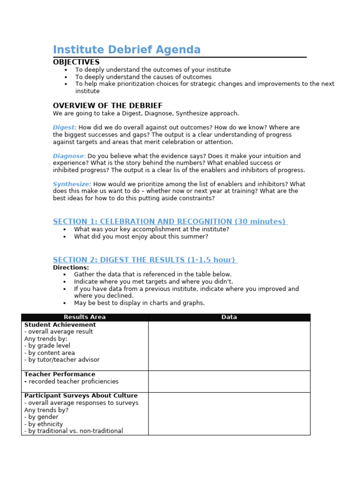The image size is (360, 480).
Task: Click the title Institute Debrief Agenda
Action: [x=127, y=50]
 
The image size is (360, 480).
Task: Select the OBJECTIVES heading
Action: [x=76, y=62]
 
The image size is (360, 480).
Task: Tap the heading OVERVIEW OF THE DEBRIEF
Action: [x=107, y=105]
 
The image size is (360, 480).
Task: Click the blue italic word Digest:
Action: [x=65, y=127]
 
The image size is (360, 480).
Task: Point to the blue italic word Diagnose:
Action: [x=69, y=156]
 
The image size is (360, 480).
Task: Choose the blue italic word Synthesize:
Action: [x=72, y=184]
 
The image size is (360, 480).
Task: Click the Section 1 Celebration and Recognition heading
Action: [x=170, y=221]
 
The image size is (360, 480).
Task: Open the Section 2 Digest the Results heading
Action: [x=145, y=260]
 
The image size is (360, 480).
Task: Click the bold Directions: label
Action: [x=71, y=267]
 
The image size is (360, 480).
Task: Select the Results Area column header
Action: [x=85, y=317]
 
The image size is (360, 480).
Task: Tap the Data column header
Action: [x=229, y=317]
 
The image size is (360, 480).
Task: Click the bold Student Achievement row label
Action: [x=60, y=325]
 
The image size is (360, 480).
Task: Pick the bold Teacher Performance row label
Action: [x=60, y=375]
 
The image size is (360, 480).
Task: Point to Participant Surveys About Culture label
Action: [x=81, y=396]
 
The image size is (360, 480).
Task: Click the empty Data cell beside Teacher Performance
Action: [x=229, y=381]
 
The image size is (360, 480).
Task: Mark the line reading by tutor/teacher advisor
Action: [x=62, y=360]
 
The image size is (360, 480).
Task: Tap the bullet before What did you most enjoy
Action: [x=64, y=237]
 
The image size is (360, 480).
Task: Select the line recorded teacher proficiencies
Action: [x=71, y=382]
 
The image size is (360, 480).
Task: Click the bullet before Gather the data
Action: [x=64, y=275]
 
